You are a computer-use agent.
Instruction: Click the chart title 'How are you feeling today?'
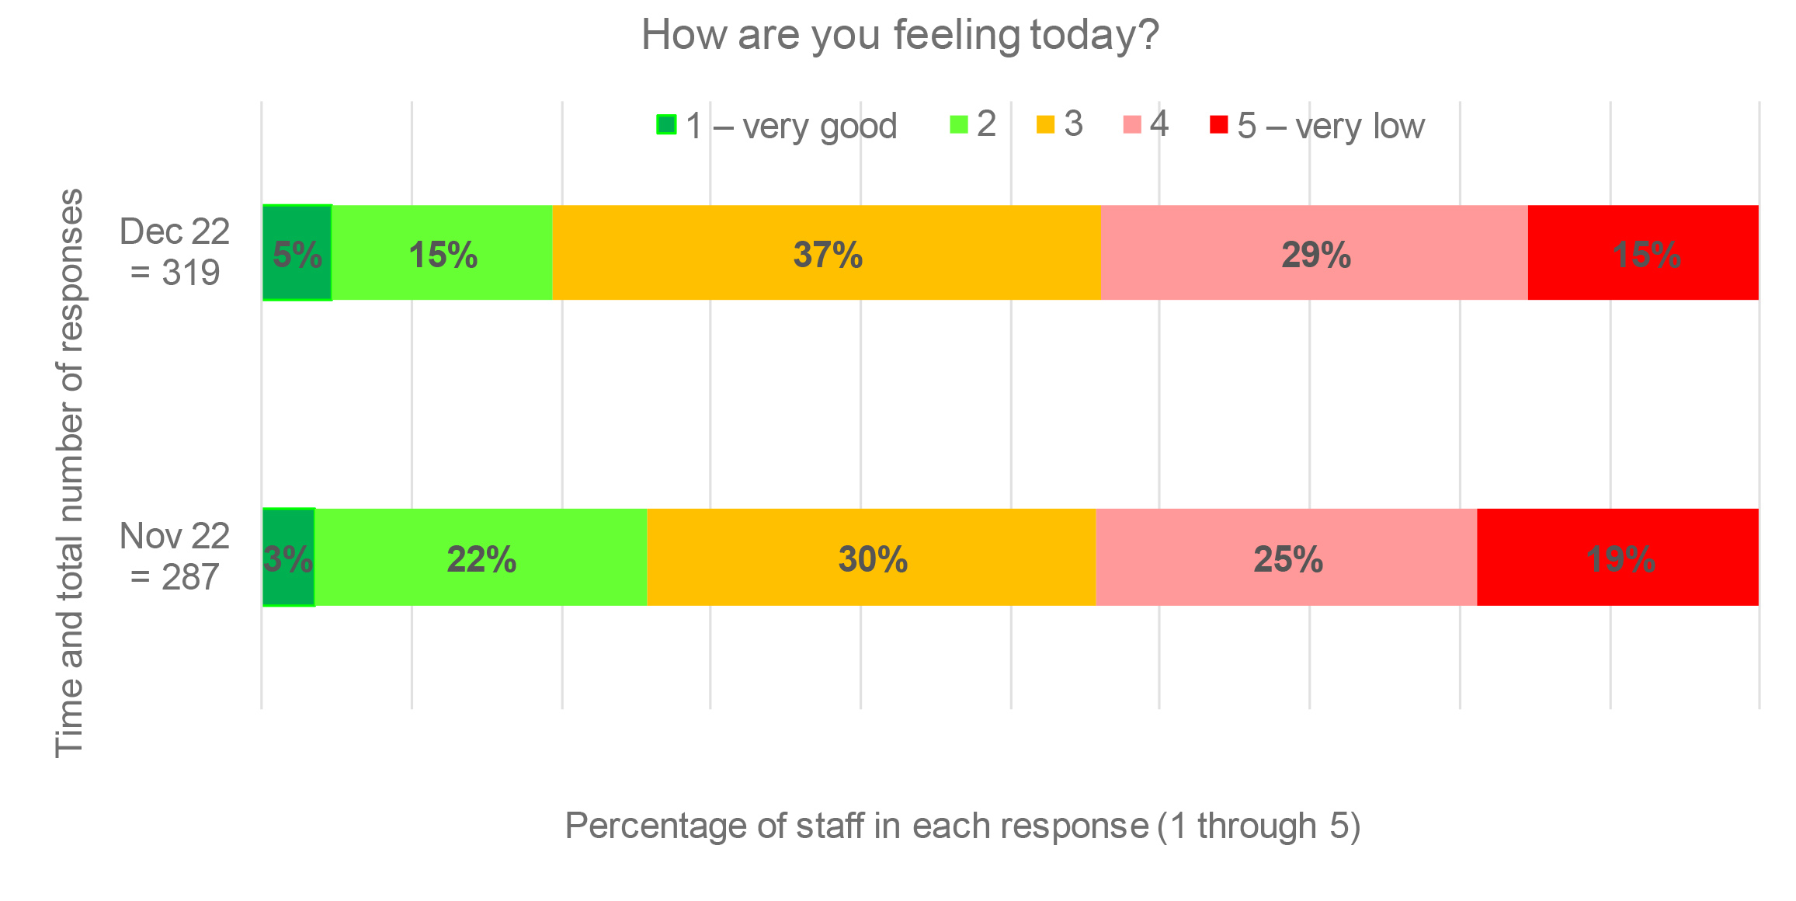coord(899,36)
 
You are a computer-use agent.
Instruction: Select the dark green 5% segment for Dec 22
coord(297,253)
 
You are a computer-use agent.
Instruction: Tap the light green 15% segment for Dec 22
coord(442,253)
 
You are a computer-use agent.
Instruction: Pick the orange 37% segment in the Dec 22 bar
coord(826,253)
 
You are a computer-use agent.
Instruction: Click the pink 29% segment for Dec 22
coord(1314,253)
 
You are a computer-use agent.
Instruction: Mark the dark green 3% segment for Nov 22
coord(288,558)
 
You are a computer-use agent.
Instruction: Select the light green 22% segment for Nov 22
coord(481,558)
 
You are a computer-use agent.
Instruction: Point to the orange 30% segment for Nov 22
coord(871,558)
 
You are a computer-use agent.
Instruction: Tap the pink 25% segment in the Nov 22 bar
coord(1286,558)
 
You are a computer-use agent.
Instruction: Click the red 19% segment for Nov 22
coord(1617,558)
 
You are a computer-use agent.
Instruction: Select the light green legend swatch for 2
coord(959,124)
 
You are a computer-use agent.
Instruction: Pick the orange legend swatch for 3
coord(1046,124)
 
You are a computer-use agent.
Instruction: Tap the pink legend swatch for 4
coord(1132,124)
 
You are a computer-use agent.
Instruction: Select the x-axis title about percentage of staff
coord(962,826)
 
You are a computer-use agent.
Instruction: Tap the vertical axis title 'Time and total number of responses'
coord(70,472)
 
